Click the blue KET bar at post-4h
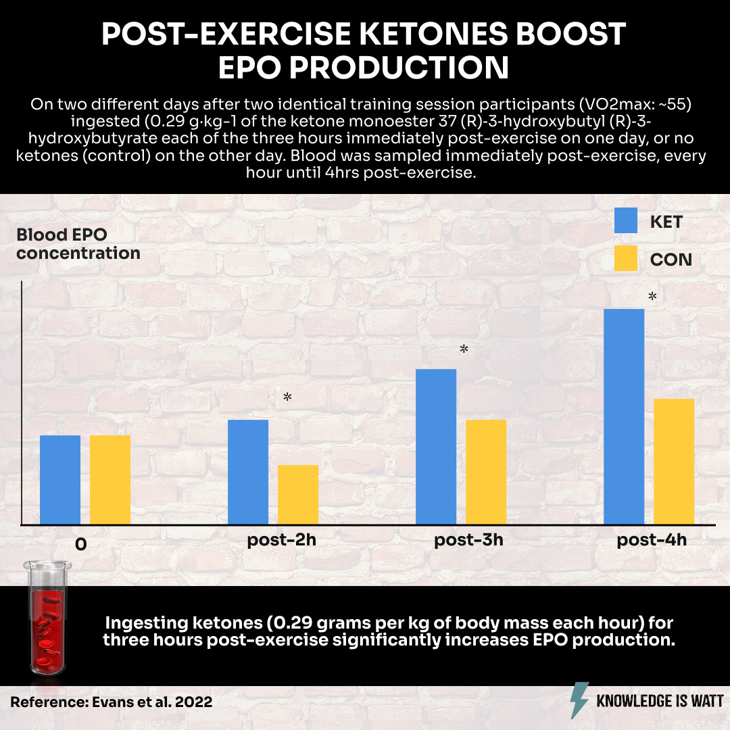point(623,416)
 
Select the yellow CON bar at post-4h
point(674,461)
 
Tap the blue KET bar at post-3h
point(436,446)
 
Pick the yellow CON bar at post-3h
point(486,472)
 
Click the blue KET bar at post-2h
point(248,472)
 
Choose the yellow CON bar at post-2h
point(298,494)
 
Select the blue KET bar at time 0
point(60,479)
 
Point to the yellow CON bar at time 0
point(110,479)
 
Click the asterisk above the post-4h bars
point(652,297)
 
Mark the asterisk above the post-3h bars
point(464,349)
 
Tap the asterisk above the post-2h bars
point(287,397)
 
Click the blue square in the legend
point(625,221)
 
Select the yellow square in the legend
point(625,259)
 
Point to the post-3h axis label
point(468,541)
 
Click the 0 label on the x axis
point(80,544)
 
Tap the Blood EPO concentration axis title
point(78,244)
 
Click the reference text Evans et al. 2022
point(111,702)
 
